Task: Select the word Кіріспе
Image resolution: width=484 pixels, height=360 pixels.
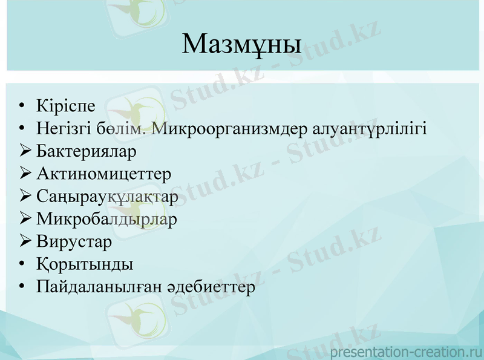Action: coord(65,106)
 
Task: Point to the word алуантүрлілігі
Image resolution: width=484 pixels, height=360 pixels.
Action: coord(370,129)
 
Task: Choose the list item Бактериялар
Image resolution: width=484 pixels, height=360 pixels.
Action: coord(86,151)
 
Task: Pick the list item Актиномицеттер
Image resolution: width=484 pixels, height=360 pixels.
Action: coord(103,174)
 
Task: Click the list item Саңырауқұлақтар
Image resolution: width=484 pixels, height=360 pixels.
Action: coord(107,197)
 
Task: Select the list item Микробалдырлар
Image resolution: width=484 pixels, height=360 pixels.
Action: coord(106,220)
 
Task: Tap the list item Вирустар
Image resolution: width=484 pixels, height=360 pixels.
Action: coord(74,242)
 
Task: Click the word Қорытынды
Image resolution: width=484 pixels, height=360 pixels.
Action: coord(85,265)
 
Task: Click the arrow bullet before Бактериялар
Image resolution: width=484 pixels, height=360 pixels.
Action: coord(25,151)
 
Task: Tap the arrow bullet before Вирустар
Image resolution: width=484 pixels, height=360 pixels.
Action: coord(25,241)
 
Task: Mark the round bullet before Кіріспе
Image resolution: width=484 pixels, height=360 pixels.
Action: coord(22,106)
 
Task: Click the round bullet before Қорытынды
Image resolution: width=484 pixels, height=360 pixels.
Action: coord(22,264)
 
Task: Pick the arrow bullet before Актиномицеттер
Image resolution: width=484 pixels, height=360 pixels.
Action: coord(25,174)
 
